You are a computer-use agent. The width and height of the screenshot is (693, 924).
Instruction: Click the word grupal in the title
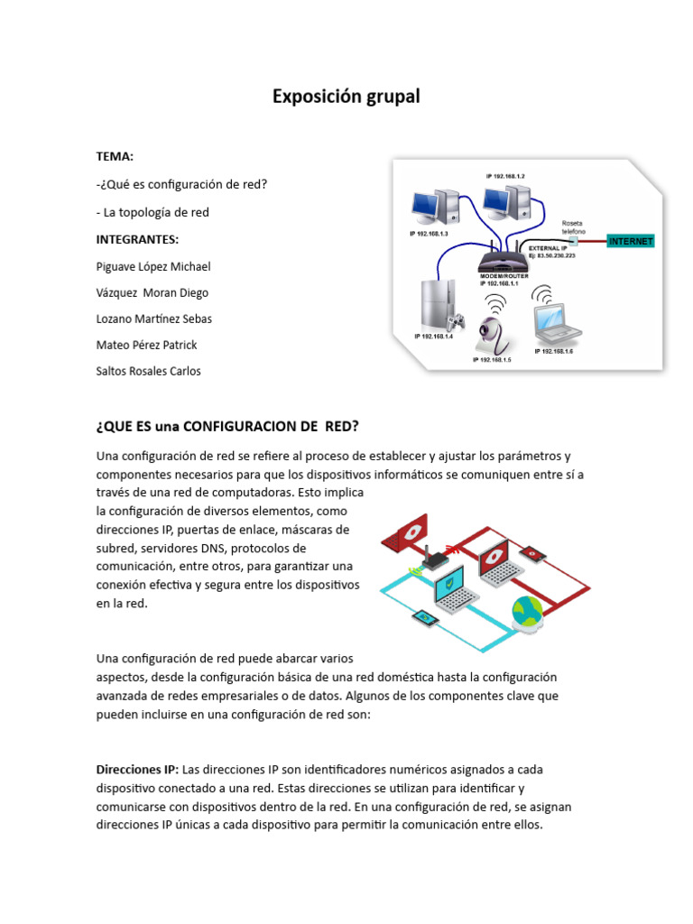[389, 97]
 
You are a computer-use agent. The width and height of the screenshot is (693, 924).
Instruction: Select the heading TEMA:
[115, 156]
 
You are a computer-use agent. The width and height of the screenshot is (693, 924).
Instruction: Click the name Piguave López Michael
[153, 267]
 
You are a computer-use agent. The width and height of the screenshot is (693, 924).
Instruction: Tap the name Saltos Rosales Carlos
[149, 371]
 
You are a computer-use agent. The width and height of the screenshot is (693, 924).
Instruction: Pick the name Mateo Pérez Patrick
[146, 345]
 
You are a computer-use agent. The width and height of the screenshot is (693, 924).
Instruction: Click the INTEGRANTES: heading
[137, 239]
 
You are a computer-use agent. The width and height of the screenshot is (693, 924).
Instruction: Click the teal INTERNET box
[631, 242]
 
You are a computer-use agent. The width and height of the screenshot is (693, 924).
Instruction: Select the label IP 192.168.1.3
[429, 234]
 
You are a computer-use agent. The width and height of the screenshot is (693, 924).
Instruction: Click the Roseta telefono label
[573, 226]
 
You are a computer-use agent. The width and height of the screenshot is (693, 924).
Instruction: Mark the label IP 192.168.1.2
[505, 176]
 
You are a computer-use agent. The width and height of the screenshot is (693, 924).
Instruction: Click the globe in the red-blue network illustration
[528, 612]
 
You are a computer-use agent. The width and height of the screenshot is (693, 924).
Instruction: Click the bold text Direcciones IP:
[137, 770]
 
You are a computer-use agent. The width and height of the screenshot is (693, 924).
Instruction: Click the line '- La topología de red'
[152, 212]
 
